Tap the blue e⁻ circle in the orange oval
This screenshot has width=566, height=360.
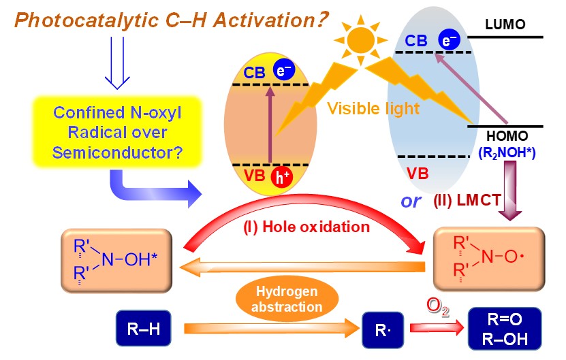(x=282, y=71)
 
